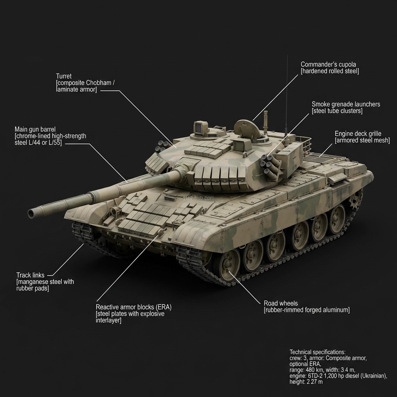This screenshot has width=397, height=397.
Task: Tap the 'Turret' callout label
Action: tap(64, 76)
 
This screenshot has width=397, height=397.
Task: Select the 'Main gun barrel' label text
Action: tap(35, 129)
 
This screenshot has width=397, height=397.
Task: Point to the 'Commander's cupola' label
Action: tap(328, 64)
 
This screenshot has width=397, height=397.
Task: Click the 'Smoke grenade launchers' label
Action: tap(346, 104)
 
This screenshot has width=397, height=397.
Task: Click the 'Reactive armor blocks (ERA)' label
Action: tap(133, 307)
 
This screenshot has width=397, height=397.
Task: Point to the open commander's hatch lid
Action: tap(247, 128)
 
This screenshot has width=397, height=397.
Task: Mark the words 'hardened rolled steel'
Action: tap(330, 71)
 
